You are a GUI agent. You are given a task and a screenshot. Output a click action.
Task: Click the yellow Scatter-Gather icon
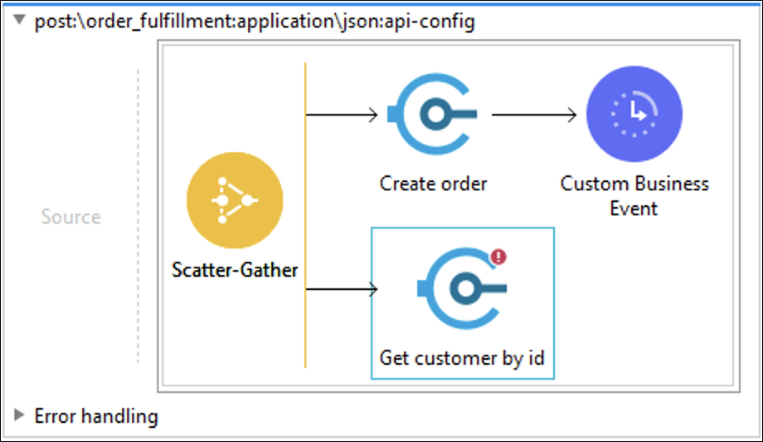tap(235, 200)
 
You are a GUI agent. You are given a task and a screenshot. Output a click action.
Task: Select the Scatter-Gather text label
tap(235, 270)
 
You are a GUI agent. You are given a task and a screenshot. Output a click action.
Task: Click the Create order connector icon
tap(432, 114)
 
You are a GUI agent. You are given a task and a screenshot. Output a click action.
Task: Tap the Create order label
tap(433, 184)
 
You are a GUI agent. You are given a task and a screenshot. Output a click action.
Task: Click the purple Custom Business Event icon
tap(634, 114)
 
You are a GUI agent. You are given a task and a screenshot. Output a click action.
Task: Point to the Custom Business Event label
tap(634, 196)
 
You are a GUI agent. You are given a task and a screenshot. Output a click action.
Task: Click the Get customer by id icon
tap(462, 288)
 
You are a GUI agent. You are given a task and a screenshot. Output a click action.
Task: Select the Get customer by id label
tap(462, 358)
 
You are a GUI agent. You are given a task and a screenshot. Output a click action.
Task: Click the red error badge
tap(498, 257)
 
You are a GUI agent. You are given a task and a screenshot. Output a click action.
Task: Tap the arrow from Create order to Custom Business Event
tap(534, 115)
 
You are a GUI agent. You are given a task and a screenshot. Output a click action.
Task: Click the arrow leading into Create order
tap(342, 115)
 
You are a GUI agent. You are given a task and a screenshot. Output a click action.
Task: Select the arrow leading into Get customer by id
tap(342, 289)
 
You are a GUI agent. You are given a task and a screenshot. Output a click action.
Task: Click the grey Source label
tap(71, 217)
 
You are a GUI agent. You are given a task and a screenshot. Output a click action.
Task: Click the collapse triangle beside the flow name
tap(19, 19)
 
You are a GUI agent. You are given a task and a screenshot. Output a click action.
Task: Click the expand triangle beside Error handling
tap(19, 415)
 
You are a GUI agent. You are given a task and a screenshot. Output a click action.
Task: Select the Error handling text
tap(96, 416)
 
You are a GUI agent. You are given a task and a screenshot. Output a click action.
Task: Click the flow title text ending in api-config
tap(255, 22)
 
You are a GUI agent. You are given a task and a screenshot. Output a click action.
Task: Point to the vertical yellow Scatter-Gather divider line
tap(305, 215)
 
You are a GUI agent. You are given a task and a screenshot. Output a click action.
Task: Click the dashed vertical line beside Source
tap(138, 216)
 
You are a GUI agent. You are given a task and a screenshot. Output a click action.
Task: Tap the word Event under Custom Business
tap(634, 209)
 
